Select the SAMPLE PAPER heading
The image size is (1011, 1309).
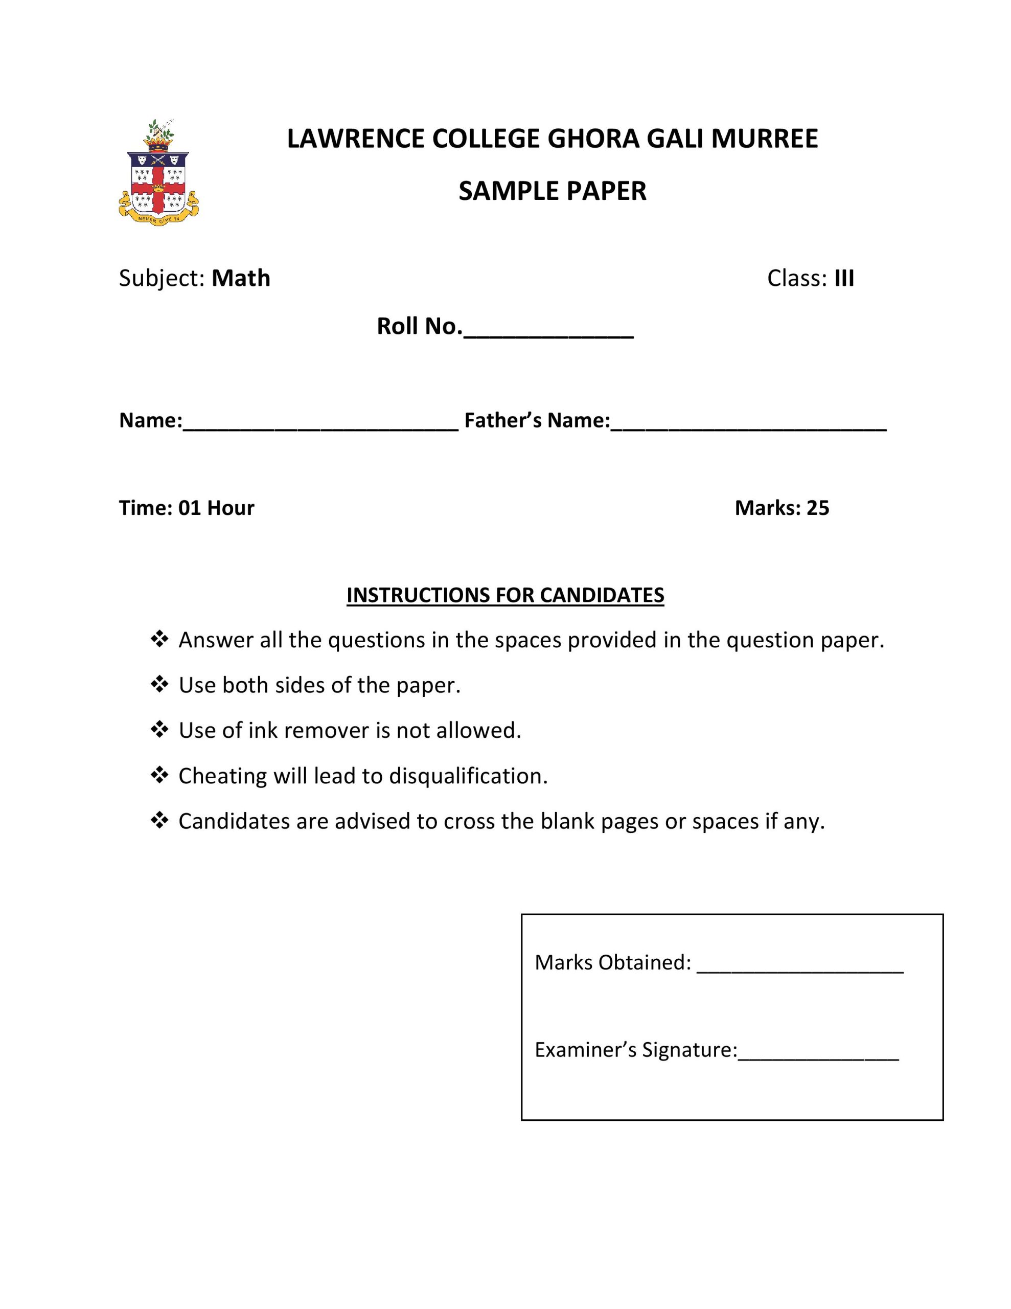pos(552,191)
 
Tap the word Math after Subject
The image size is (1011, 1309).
pos(241,279)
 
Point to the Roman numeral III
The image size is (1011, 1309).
pos(844,279)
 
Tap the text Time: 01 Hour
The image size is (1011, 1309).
pos(187,508)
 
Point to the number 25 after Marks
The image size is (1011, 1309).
pos(817,508)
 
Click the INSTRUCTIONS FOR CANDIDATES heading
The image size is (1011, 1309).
pos(505,595)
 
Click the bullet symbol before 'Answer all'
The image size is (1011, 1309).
pos(159,639)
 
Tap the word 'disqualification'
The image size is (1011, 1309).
pos(468,776)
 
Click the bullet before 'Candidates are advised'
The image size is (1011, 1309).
pos(159,820)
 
